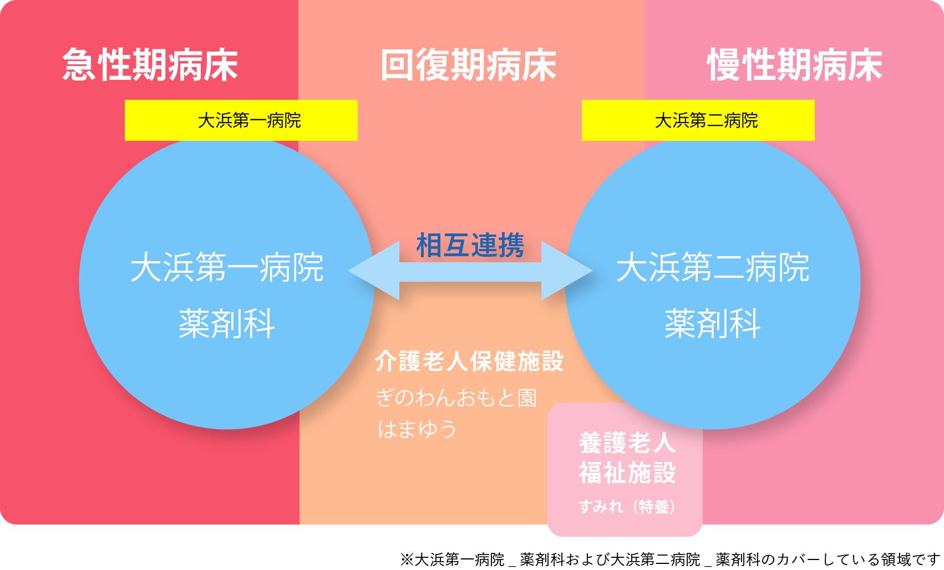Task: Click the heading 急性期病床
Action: coord(150,65)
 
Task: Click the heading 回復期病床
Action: coord(469,65)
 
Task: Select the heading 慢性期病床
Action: coord(795,65)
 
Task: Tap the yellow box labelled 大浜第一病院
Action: coord(241,120)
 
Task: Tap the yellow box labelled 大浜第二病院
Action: coord(698,120)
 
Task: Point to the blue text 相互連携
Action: coord(470,245)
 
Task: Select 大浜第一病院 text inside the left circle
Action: coord(227,267)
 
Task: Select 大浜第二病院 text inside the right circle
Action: coord(713,267)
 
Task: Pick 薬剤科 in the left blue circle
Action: coord(227,324)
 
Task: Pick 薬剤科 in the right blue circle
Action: coord(713,324)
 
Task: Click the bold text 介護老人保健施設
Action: coord(469,361)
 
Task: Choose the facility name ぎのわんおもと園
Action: coord(456,398)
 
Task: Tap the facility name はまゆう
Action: coord(417,429)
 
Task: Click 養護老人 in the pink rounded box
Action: coord(627,443)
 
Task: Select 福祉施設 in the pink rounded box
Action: coord(627,472)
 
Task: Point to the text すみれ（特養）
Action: coord(627,506)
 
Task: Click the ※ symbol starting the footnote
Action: coord(407,559)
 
